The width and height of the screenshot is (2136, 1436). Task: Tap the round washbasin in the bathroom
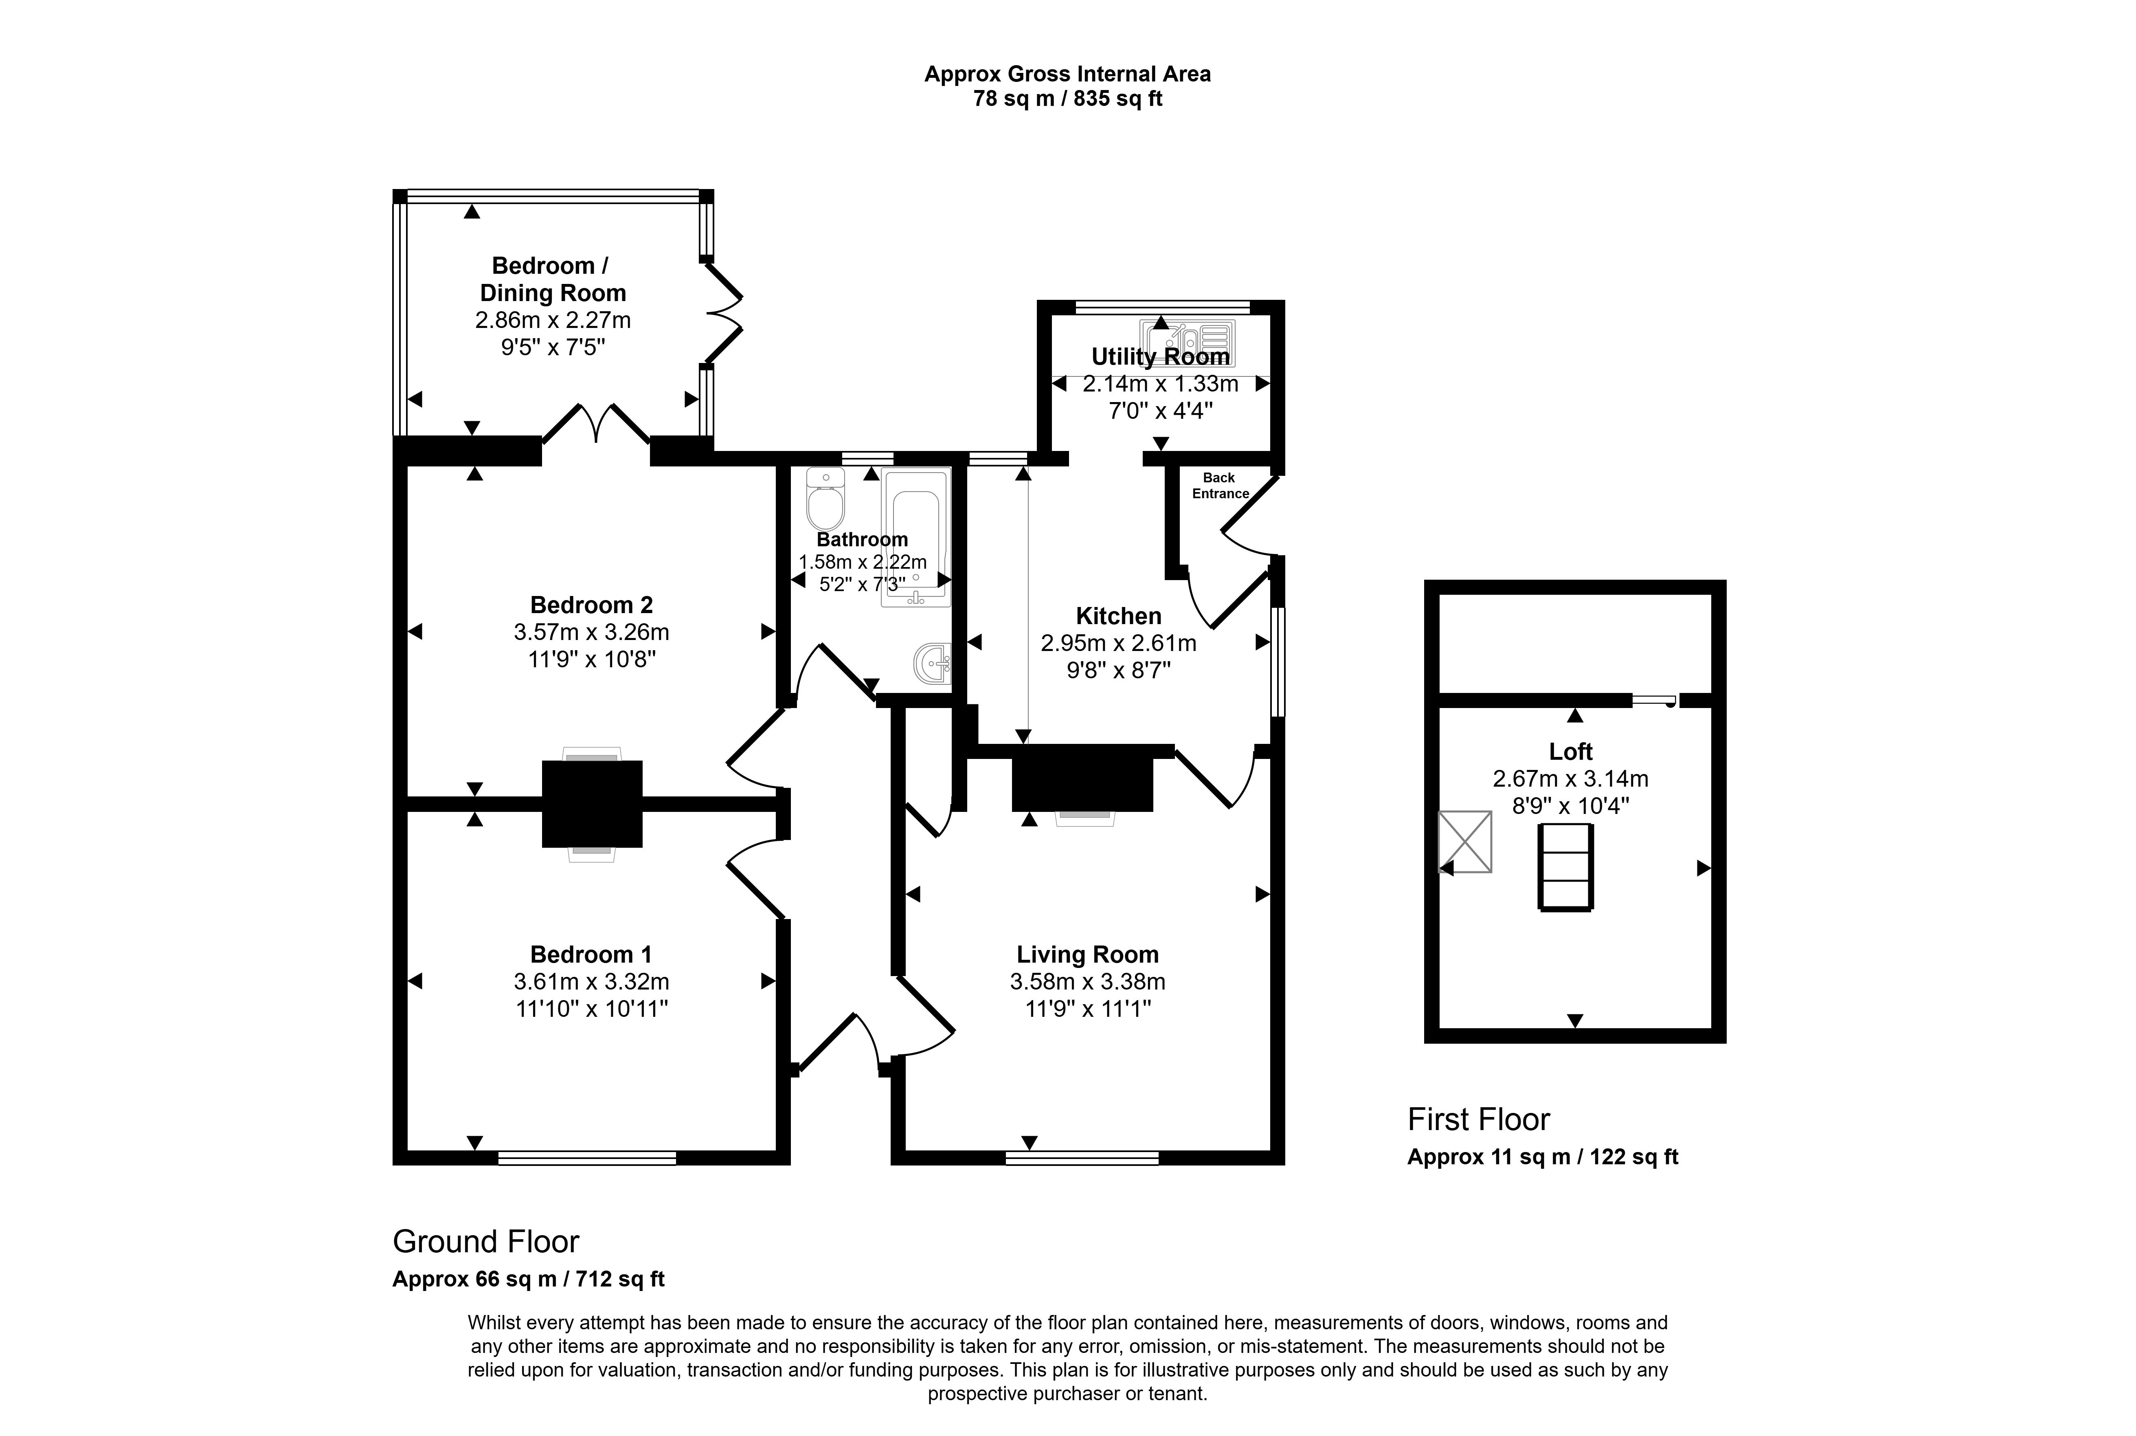933,662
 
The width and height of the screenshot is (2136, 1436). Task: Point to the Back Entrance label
1220,485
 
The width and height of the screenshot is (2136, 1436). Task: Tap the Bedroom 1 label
591,954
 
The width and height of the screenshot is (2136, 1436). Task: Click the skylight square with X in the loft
1465,841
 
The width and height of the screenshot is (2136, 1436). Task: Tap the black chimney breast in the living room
1081,778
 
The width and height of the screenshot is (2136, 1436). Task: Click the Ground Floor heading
485,1242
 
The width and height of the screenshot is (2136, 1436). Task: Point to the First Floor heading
1478,1119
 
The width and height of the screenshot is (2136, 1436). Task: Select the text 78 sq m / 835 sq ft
1067,99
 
